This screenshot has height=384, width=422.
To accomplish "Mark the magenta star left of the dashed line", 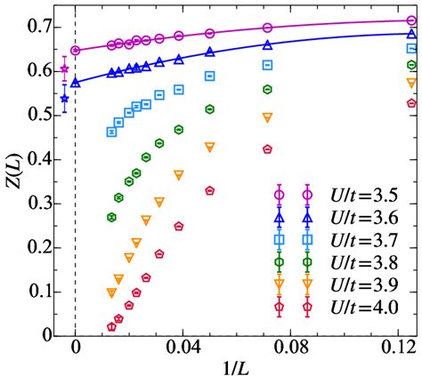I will (64, 69).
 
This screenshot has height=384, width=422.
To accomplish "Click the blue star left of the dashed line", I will (64, 99).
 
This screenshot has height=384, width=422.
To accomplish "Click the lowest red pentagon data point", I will (111, 327).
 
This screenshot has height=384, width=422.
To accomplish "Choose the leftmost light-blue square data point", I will (111, 132).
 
